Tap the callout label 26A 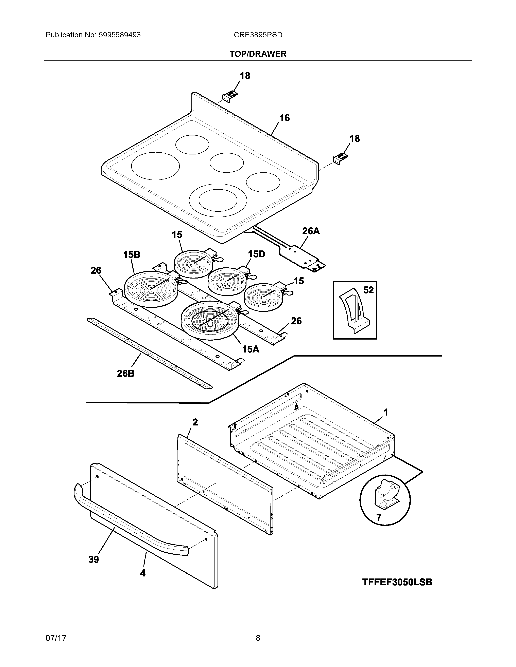311,231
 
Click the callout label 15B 132,254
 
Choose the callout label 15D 256,254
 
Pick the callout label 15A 251,349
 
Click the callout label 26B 126,373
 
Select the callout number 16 284,118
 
